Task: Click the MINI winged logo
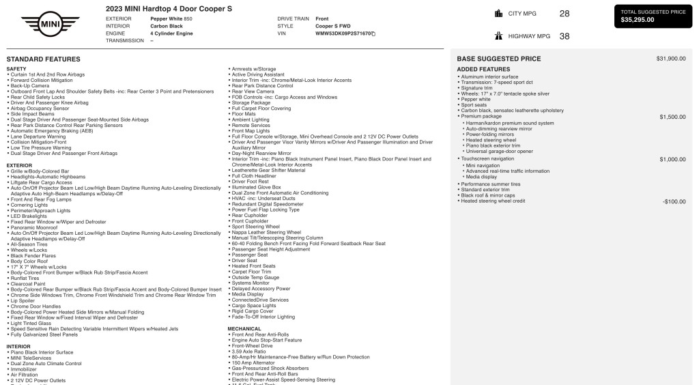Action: coord(50,25)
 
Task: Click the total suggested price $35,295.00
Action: coord(638,20)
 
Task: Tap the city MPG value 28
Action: coord(564,13)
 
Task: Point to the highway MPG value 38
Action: coord(564,36)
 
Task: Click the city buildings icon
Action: coord(498,13)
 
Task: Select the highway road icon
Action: coord(498,36)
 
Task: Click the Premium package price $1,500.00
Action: coord(672,117)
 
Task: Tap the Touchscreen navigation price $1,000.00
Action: coord(672,159)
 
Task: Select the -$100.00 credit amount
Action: coord(674,201)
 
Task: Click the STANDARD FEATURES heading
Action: coord(43,59)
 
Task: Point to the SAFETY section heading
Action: coord(16,69)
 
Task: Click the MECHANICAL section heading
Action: coord(244,328)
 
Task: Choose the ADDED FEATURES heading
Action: coord(483,70)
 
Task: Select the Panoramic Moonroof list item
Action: coord(33,227)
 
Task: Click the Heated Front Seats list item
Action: coord(253,266)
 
